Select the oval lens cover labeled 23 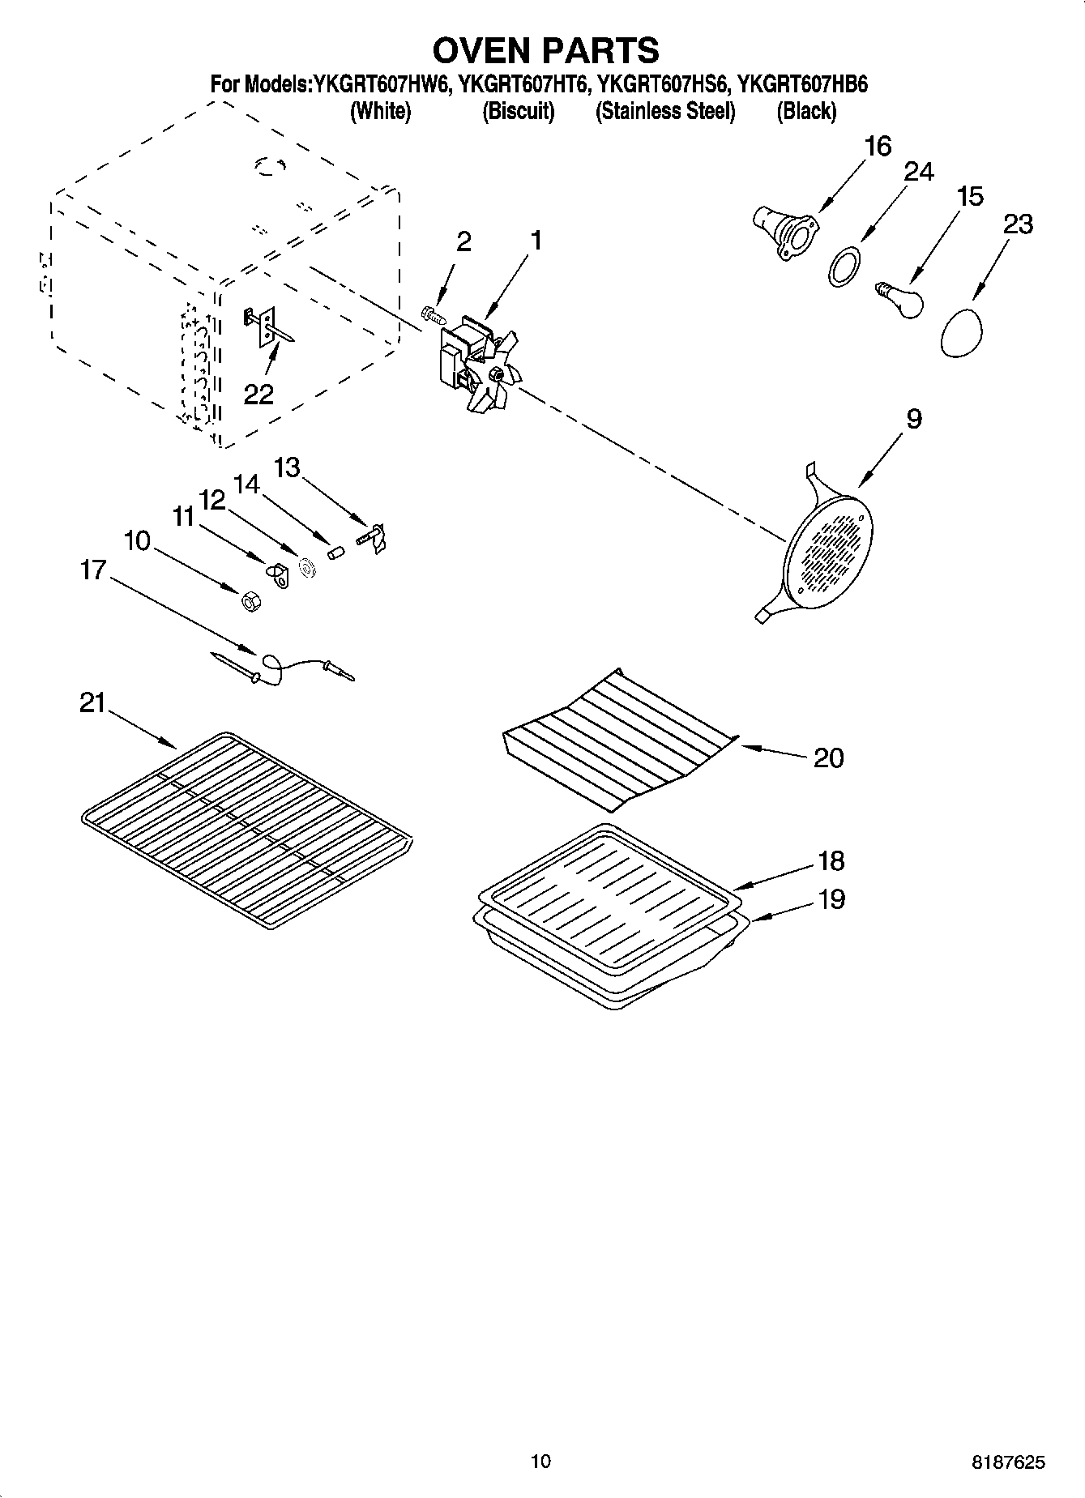pos(962,332)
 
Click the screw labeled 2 pos(430,312)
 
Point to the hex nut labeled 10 pos(250,601)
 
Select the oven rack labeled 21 pos(247,830)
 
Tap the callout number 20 pos(827,758)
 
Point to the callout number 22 pos(259,395)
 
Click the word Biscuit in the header pos(518,112)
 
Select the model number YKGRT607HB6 pos(802,84)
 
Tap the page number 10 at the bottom pos(540,1462)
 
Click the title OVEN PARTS pos(545,50)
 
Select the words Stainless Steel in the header pos(665,112)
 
